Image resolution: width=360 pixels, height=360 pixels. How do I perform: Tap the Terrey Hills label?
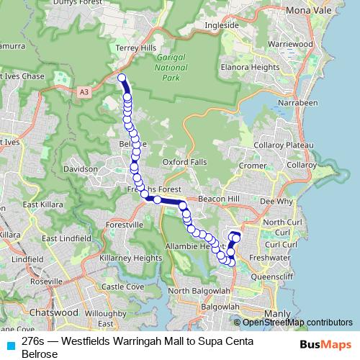(x=130, y=48)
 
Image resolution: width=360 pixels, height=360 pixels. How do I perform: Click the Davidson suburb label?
(x=80, y=169)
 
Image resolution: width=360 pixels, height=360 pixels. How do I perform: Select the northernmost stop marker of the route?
(x=122, y=78)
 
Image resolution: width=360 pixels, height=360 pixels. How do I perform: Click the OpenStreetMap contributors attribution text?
(x=296, y=323)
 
